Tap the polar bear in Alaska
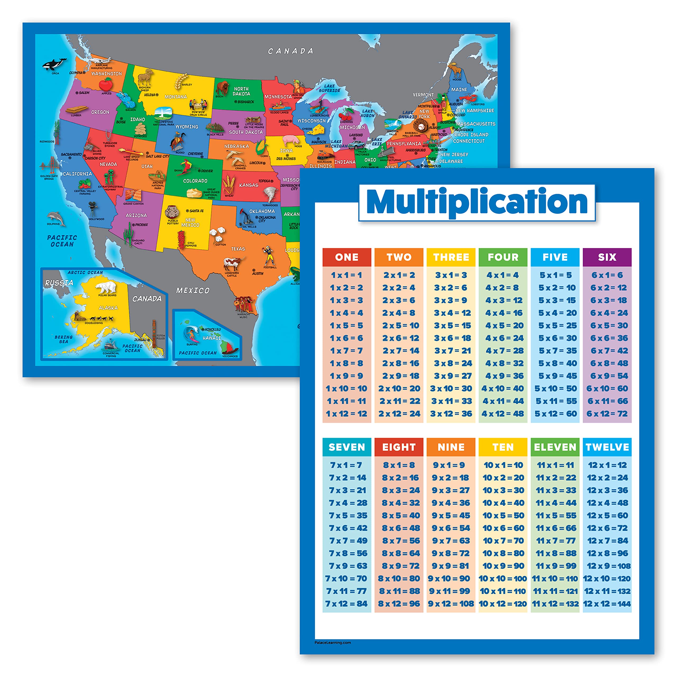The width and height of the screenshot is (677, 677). [x=106, y=287]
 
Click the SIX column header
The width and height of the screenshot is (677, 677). [x=607, y=257]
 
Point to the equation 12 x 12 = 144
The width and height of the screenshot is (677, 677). [x=607, y=603]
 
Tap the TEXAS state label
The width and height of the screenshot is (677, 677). [x=238, y=249]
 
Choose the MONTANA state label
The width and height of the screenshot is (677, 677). [x=176, y=97]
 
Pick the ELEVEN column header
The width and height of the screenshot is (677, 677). [x=555, y=447]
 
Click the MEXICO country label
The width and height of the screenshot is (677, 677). [x=193, y=290]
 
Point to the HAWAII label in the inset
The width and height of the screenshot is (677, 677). [x=212, y=338]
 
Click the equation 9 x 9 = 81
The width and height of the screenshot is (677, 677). [x=451, y=566]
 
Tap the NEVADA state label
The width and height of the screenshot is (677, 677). [x=108, y=164]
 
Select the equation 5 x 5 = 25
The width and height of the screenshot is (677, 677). [x=557, y=325]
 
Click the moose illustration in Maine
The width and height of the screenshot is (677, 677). [x=456, y=70]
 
